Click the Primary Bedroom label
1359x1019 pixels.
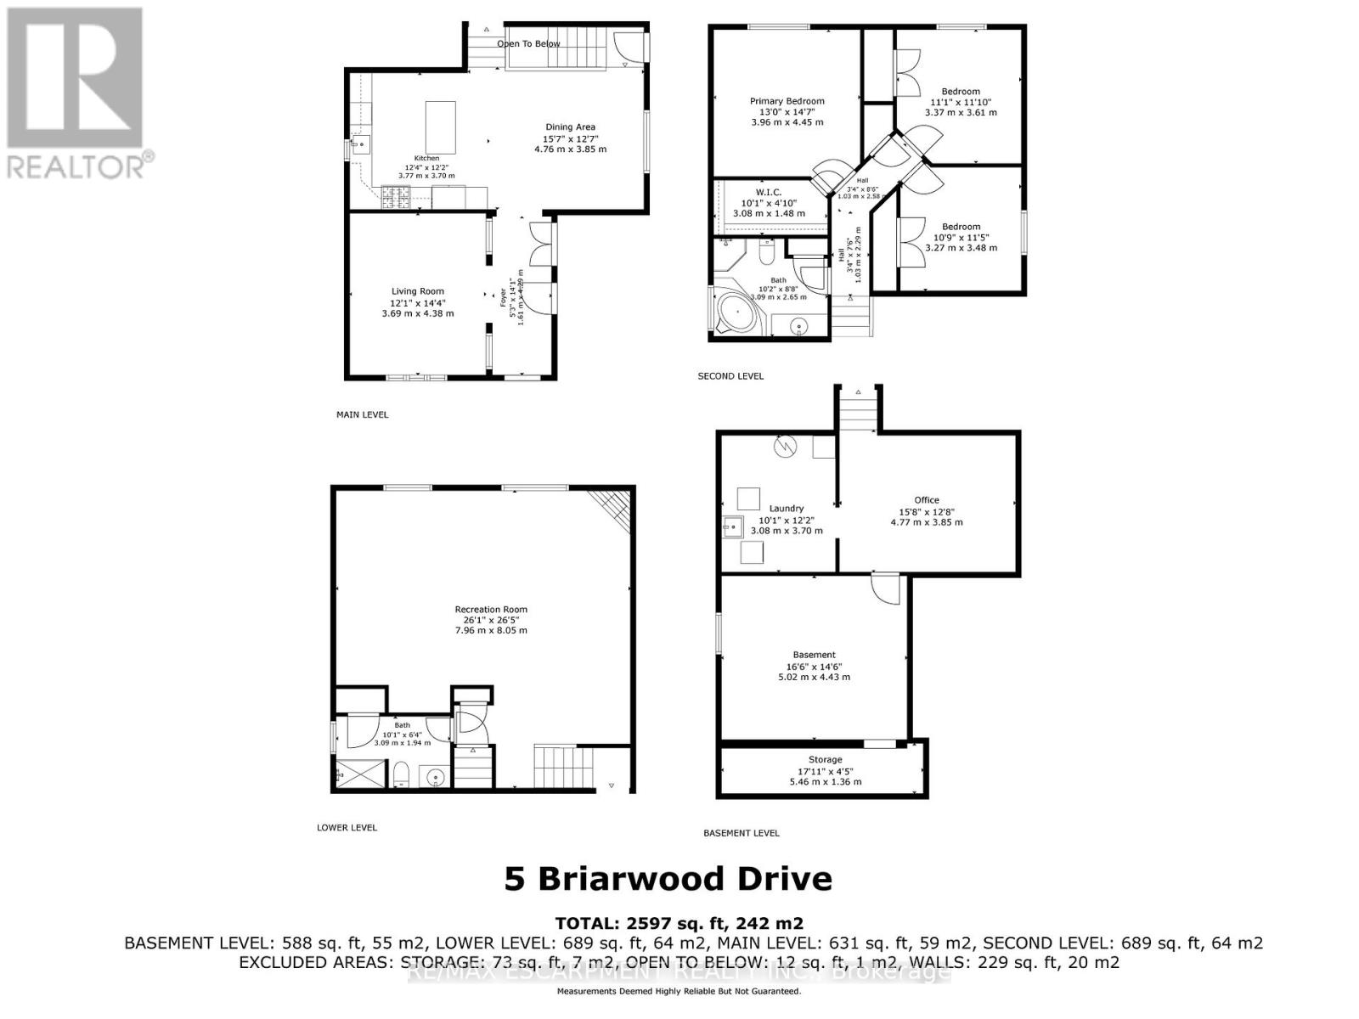click(x=787, y=101)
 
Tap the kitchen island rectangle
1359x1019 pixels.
click(x=440, y=127)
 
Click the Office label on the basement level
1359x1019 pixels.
click(x=927, y=500)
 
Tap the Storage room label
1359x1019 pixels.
click(x=825, y=759)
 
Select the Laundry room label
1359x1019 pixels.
click(x=787, y=509)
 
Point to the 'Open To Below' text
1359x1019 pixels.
click(x=528, y=43)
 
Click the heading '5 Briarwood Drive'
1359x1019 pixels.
click(x=668, y=878)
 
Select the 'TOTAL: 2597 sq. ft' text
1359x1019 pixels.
click(x=679, y=923)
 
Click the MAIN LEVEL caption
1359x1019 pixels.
click(x=362, y=414)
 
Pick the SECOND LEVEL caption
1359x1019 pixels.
click(x=730, y=375)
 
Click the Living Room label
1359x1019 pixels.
click(x=417, y=291)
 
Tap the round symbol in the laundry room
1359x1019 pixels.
click(x=786, y=447)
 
